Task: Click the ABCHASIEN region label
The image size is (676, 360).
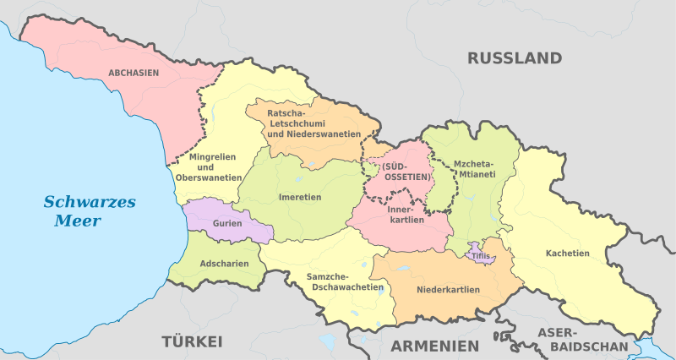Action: pyautogui.click(x=134, y=74)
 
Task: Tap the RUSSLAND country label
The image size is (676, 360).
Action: pyautogui.click(x=515, y=58)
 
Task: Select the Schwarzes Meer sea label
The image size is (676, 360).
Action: pyautogui.click(x=90, y=211)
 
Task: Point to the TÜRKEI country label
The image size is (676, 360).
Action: pyautogui.click(x=192, y=341)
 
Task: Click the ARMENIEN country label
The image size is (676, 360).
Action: pyautogui.click(x=434, y=346)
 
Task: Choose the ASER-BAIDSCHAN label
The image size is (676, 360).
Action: pyautogui.click(x=589, y=340)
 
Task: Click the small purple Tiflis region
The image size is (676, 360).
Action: pyautogui.click(x=481, y=255)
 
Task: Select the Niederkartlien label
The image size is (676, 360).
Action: pyautogui.click(x=448, y=290)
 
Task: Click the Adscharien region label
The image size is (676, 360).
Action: pyautogui.click(x=225, y=263)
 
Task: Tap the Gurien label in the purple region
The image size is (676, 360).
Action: pyautogui.click(x=228, y=223)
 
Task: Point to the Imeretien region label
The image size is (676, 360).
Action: pyautogui.click(x=300, y=197)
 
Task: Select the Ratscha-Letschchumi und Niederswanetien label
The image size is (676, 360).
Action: pyautogui.click(x=309, y=123)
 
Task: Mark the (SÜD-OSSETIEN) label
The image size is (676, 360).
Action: pyautogui.click(x=401, y=172)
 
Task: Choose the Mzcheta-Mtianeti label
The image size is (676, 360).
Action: pyautogui.click(x=474, y=171)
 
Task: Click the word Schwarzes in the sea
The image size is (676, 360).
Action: pyautogui.click(x=90, y=202)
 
